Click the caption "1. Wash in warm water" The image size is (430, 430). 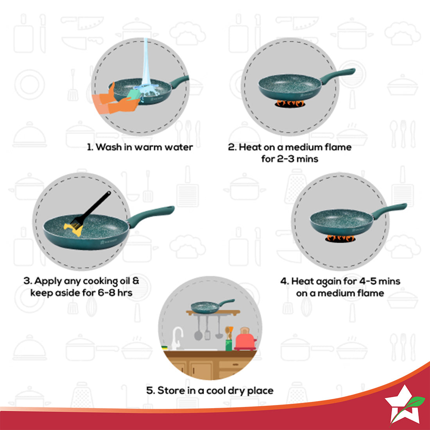pos(140,147)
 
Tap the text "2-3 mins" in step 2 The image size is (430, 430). pos(290,159)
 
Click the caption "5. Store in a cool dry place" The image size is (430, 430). pos(210,391)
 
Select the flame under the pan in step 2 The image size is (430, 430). pos(289,103)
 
